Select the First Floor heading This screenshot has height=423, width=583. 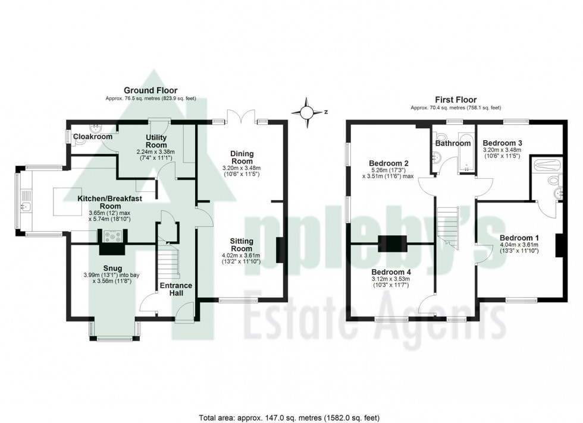(x=456, y=100)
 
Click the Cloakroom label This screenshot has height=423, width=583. (x=93, y=137)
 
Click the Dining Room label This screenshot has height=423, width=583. (x=242, y=157)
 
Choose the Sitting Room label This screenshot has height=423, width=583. (x=242, y=245)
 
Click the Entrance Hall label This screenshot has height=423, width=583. (x=176, y=289)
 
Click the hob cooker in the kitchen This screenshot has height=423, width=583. (x=112, y=236)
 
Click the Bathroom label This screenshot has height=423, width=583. (x=453, y=143)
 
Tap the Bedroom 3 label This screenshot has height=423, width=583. (x=503, y=143)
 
